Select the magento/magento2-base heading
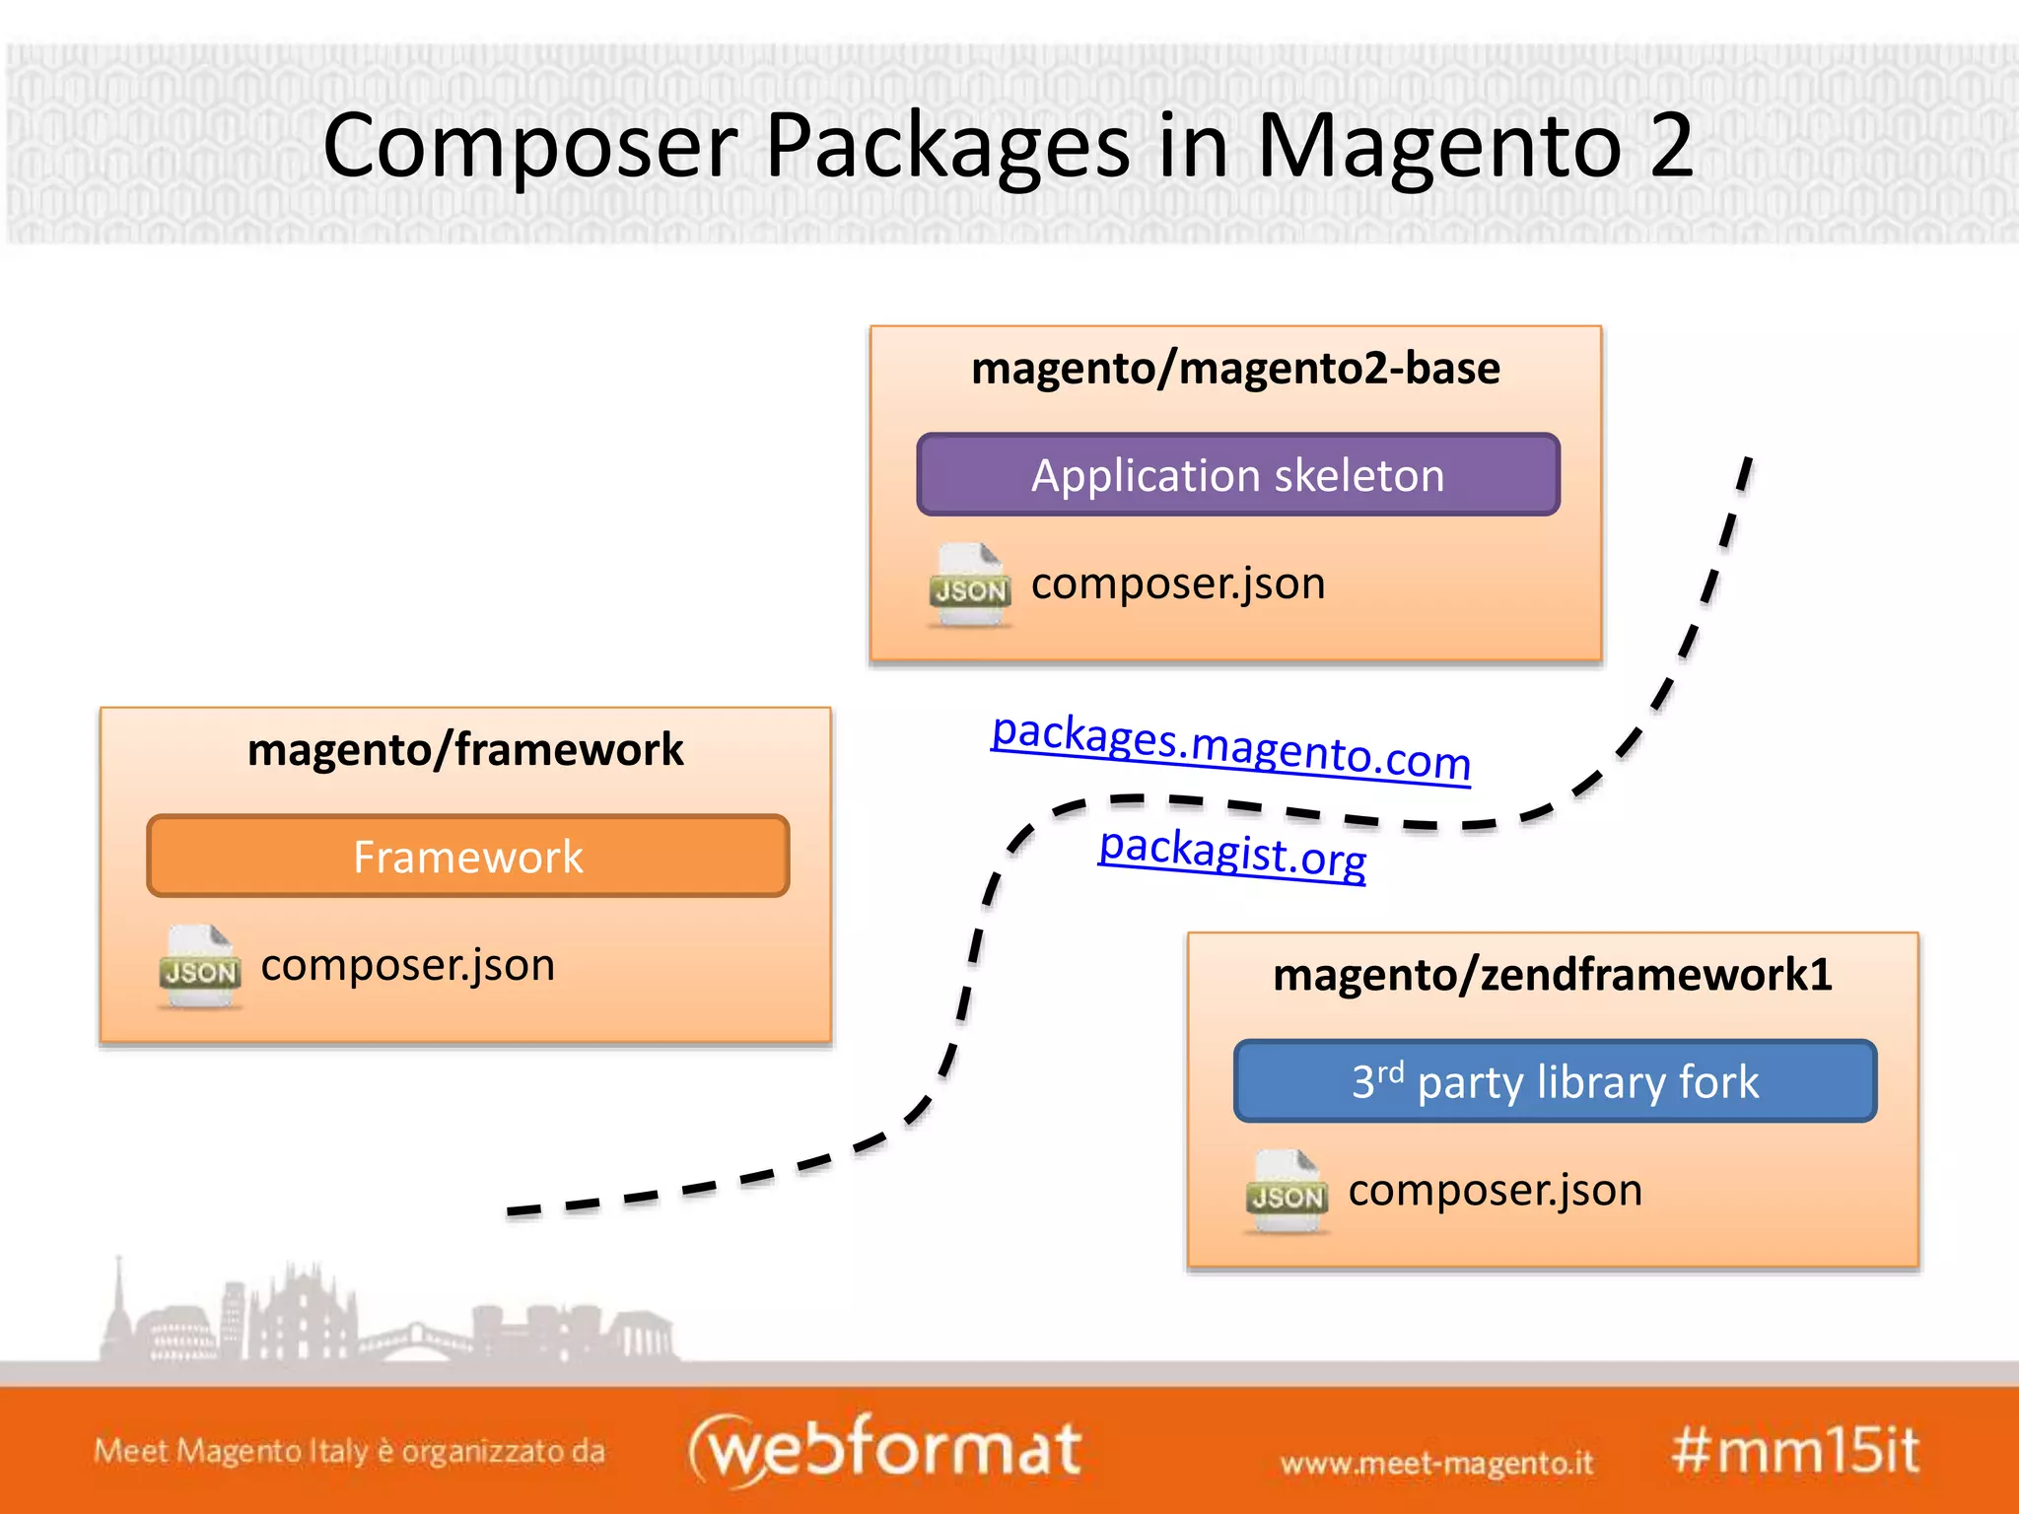point(1235,369)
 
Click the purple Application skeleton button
point(1237,475)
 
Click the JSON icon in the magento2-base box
point(970,585)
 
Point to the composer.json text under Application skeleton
point(1178,584)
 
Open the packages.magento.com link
point(1230,747)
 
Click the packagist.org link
point(1232,852)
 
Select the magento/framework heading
point(465,750)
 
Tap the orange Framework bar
point(467,857)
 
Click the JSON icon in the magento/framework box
point(200,967)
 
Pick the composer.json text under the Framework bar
point(407,965)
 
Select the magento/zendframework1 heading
point(1552,975)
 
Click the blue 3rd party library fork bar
point(1555,1081)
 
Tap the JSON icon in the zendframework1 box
point(1288,1192)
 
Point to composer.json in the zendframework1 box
point(1495,1190)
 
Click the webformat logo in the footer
point(885,1449)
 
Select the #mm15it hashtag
point(1795,1451)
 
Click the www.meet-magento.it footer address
point(1436,1463)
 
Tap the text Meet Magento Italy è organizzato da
point(349,1451)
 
